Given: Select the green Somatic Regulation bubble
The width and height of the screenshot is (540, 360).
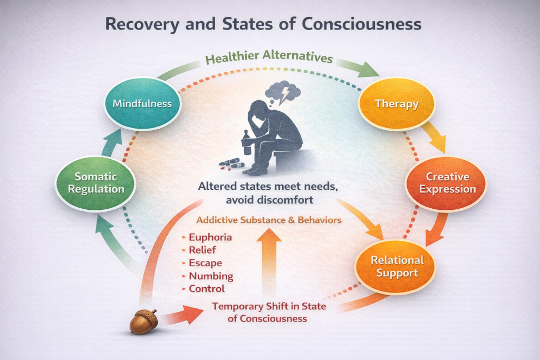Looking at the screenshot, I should point(95,183).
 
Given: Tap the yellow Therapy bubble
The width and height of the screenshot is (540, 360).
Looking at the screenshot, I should point(397,103).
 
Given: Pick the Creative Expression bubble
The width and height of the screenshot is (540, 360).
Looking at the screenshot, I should point(446,183).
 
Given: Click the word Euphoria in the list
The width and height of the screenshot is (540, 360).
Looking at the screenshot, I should point(210,237).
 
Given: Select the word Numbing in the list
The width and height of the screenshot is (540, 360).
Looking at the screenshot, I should point(210,276).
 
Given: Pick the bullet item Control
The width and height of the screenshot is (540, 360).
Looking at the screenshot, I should point(207,288).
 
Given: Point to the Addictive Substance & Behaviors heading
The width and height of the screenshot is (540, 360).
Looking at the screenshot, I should point(269,219).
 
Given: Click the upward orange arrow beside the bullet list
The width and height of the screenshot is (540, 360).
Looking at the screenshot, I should point(269,264).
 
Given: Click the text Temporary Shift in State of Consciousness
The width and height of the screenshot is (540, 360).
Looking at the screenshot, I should point(269,312).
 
